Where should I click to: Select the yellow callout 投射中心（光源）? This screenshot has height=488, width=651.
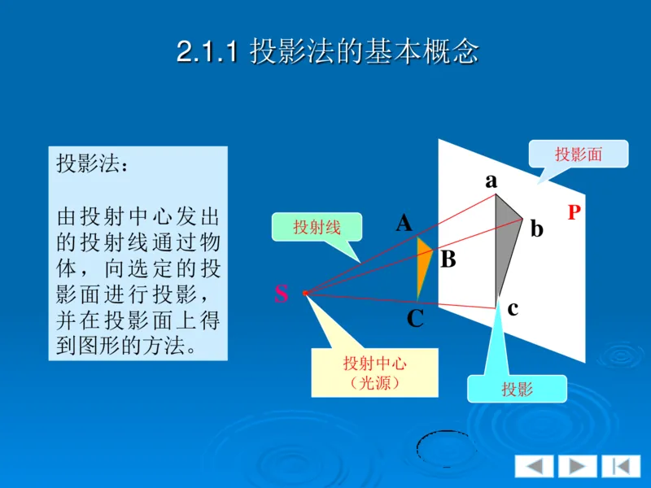click(x=374, y=373)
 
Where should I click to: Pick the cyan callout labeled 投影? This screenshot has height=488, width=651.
click(x=517, y=389)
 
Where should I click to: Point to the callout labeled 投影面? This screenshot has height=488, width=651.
click(x=578, y=154)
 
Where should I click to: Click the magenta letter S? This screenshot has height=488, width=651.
click(x=281, y=294)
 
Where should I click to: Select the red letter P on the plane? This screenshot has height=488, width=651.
click(x=575, y=213)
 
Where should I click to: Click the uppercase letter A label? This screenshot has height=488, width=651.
click(x=404, y=222)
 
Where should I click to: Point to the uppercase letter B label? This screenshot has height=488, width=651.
click(x=448, y=260)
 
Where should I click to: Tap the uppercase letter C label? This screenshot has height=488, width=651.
click(x=415, y=319)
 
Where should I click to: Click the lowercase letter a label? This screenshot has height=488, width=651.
click(x=491, y=181)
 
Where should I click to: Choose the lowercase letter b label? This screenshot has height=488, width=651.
click(x=536, y=229)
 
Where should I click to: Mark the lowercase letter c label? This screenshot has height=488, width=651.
click(x=513, y=309)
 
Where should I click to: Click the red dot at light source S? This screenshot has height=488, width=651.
click(x=305, y=292)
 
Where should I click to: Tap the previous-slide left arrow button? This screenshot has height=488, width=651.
click(x=534, y=466)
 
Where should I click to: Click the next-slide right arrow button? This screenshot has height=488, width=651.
click(x=577, y=466)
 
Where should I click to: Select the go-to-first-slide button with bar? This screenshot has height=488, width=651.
click(x=621, y=466)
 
